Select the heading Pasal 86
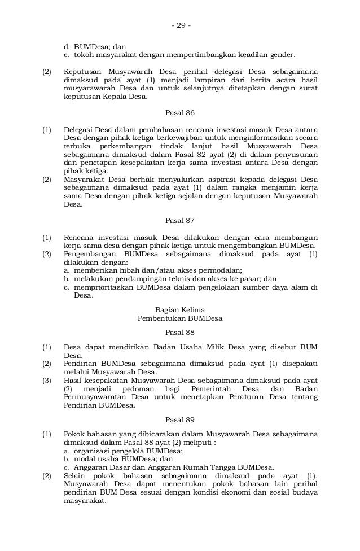point(180,113)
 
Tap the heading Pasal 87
point(180,220)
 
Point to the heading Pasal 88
point(180,333)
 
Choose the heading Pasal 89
point(180,419)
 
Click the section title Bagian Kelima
point(180,310)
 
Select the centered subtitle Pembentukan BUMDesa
point(180,318)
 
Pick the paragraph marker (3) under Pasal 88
point(47,382)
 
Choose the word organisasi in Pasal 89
point(93,451)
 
